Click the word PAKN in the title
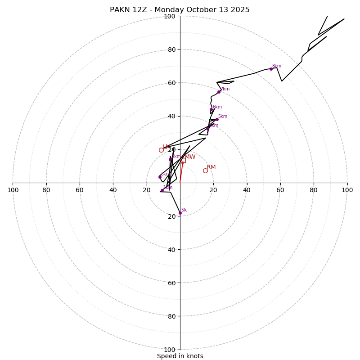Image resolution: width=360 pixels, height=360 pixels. [x=119, y=10]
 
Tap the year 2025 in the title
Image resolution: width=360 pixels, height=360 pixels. [x=240, y=10]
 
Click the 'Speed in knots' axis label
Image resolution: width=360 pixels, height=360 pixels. [x=180, y=356]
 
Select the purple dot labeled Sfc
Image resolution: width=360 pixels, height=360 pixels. [x=180, y=213]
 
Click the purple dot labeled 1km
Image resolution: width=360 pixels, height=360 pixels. [x=162, y=190]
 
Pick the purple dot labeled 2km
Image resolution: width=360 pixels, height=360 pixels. [x=160, y=177]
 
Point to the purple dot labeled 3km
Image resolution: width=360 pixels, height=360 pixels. [x=171, y=159]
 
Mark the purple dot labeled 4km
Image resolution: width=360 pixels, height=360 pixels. [x=208, y=128]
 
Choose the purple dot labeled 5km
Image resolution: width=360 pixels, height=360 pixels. [x=217, y=119]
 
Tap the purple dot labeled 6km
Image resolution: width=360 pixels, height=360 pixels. [x=211, y=109]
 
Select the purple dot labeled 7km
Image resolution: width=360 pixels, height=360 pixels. [x=219, y=92]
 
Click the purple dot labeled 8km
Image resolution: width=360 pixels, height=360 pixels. [x=271, y=69]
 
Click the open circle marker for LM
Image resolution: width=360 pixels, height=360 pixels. [x=161, y=150]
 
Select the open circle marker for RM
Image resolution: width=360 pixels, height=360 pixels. [x=205, y=171]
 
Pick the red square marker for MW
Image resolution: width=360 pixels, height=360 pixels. [x=183, y=160]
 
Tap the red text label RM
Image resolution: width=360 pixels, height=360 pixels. [x=211, y=167]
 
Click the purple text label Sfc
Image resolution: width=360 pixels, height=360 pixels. [x=184, y=210]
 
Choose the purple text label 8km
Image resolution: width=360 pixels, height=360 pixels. [x=276, y=66]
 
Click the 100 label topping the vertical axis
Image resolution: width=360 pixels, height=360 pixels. [x=170, y=16]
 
